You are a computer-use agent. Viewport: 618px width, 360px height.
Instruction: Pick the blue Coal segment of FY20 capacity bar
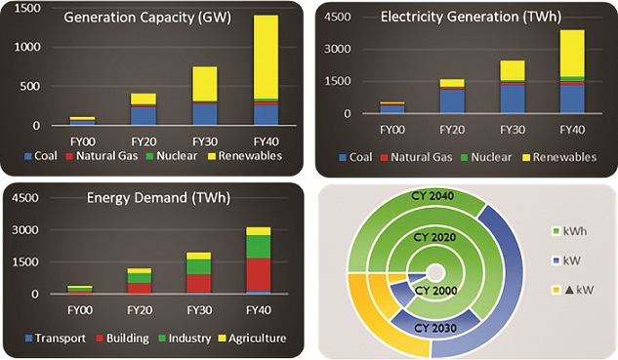(x=144, y=115)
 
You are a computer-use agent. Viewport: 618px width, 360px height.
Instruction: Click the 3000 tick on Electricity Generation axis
(x=340, y=49)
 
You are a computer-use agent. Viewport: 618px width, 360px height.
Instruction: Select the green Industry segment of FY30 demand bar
(x=199, y=265)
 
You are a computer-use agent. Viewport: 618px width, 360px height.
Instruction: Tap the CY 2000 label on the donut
(x=436, y=291)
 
